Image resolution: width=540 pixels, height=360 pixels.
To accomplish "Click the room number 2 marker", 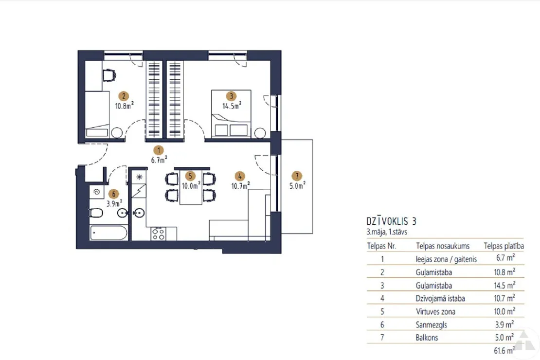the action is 124,96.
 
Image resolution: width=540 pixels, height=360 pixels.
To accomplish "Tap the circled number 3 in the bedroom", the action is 232,96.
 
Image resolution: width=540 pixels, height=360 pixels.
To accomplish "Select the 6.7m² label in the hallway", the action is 159,160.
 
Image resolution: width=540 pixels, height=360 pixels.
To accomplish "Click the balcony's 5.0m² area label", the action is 297,186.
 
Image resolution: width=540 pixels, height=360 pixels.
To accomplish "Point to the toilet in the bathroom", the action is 96,214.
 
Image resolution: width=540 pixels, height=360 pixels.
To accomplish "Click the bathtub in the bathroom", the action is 109,233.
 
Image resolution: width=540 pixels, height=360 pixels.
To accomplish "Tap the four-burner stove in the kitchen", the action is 159,234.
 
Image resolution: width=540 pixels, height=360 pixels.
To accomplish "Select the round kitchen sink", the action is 139,213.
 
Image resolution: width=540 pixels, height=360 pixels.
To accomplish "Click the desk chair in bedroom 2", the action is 109,75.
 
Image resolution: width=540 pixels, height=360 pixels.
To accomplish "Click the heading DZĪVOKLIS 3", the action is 391,221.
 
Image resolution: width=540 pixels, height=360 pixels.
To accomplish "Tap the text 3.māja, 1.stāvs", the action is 387,232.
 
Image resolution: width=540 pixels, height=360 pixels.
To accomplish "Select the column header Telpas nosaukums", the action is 443,246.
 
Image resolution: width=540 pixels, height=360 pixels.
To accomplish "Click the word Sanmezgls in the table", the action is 431,324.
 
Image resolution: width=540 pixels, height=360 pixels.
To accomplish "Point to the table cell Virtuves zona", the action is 435,311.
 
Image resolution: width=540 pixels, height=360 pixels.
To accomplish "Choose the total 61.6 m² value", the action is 504,350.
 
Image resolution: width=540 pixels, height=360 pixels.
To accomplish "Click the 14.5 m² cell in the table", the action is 504,285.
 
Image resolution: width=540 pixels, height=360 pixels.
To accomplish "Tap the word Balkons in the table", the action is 427,338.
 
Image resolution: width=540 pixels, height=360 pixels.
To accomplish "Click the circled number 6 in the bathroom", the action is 114,194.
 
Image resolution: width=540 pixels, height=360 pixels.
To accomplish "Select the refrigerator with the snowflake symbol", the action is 139,177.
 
